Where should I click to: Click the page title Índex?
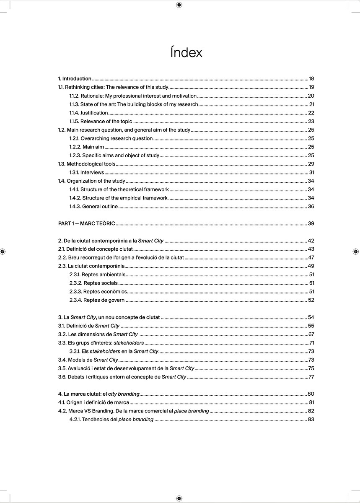tap(186, 53)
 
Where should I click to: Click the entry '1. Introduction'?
tap(75, 79)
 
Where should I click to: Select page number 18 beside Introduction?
tap(311, 79)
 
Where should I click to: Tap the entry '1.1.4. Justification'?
tap(88, 113)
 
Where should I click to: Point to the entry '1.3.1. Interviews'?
tap(86, 172)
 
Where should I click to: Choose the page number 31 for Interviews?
tap(311, 172)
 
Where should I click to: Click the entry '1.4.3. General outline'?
tap(93, 206)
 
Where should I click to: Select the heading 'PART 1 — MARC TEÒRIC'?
tap(86, 223)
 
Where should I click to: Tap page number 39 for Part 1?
tap(311, 223)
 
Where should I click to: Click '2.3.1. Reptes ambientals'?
tap(97, 275)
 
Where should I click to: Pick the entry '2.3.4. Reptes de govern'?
tap(97, 300)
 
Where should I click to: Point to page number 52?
tap(311, 300)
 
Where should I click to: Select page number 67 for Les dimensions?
tap(311, 334)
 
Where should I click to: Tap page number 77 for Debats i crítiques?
tap(311, 377)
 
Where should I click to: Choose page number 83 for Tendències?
tap(311, 420)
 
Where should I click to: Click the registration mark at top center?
tap(179, 5)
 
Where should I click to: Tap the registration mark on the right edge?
tap(356, 251)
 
